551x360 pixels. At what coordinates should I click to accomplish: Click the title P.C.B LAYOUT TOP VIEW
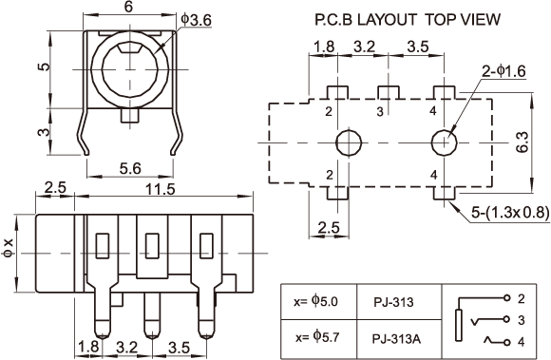(x=408, y=19)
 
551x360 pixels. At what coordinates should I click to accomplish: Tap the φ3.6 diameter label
(x=196, y=20)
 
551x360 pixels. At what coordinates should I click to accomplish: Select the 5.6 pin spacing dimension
(x=130, y=168)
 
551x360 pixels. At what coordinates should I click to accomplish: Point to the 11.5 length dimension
(x=161, y=189)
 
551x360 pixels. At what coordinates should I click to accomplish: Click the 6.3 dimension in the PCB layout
(x=522, y=142)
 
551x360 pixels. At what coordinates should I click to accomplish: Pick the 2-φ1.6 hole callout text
(x=503, y=71)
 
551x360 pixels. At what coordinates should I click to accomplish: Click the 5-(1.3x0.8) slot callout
(x=510, y=212)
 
